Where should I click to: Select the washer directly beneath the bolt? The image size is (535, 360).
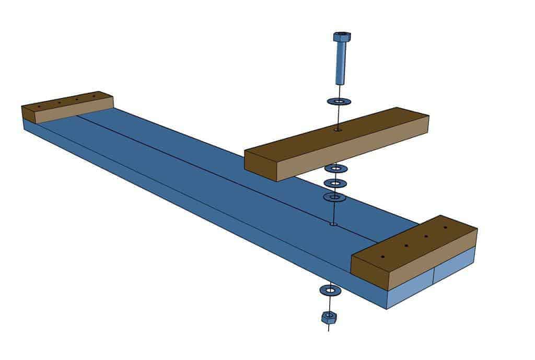click(x=339, y=101)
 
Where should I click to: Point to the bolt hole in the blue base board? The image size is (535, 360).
click(x=333, y=225)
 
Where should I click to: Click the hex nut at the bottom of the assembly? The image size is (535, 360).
click(x=328, y=317)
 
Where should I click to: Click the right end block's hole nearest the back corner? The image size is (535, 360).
click(x=445, y=228)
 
